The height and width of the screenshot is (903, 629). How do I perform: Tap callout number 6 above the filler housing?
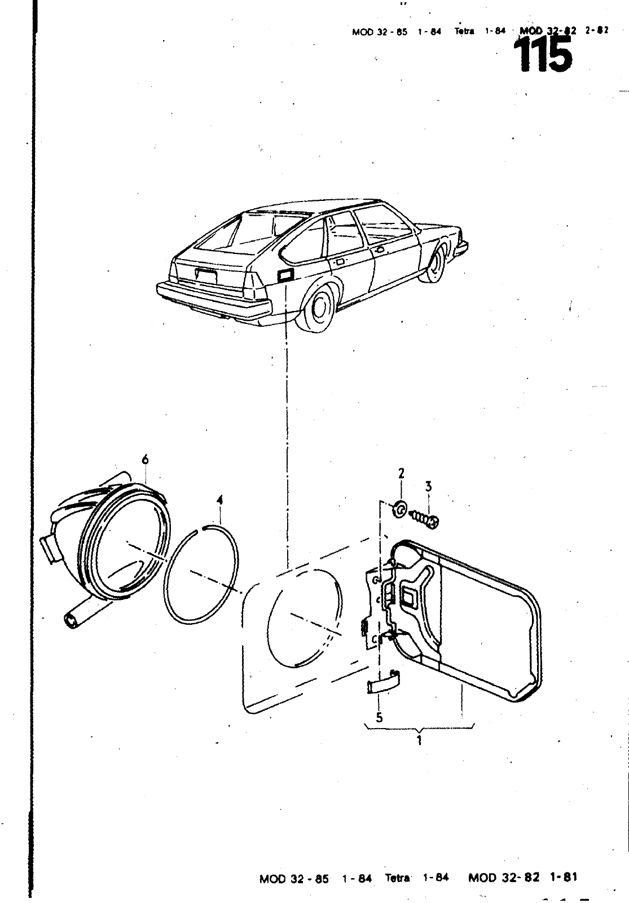coord(145,460)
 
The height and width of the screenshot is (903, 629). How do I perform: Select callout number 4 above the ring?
coord(220,500)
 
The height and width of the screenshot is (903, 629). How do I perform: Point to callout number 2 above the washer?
coord(401,473)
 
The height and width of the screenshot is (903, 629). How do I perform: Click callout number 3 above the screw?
coord(429,486)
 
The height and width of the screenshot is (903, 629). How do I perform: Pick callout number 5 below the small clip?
coord(379,717)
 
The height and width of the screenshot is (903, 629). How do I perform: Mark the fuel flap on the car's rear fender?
coord(285,277)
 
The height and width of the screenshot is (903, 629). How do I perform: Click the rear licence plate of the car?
coord(205,277)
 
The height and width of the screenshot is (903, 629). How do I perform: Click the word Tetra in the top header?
coord(464,32)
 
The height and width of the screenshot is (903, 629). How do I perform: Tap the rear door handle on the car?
coord(340,261)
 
